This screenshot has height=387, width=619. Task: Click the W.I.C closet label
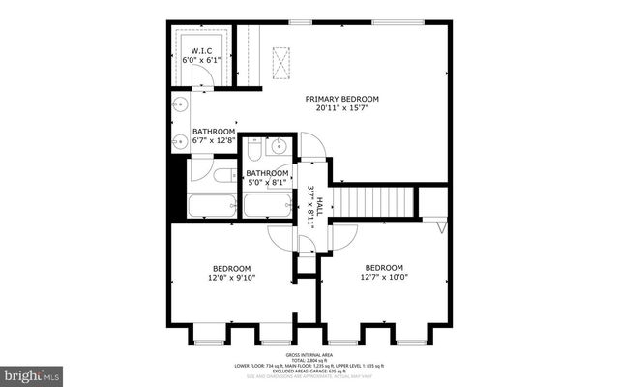click(201, 51)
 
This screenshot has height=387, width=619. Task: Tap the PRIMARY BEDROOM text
click(341, 99)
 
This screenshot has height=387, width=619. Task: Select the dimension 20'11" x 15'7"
click(341, 108)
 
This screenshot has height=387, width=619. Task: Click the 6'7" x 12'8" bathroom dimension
click(213, 141)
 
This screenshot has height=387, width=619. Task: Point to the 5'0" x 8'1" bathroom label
click(266, 183)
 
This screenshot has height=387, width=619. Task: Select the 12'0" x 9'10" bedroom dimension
click(232, 279)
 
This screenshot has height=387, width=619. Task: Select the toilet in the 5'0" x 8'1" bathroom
click(252, 150)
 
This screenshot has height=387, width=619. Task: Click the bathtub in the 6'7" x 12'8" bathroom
click(211, 205)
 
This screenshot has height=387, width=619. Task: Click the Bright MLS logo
click(31, 372)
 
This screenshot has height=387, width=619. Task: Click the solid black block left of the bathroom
click(176, 189)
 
